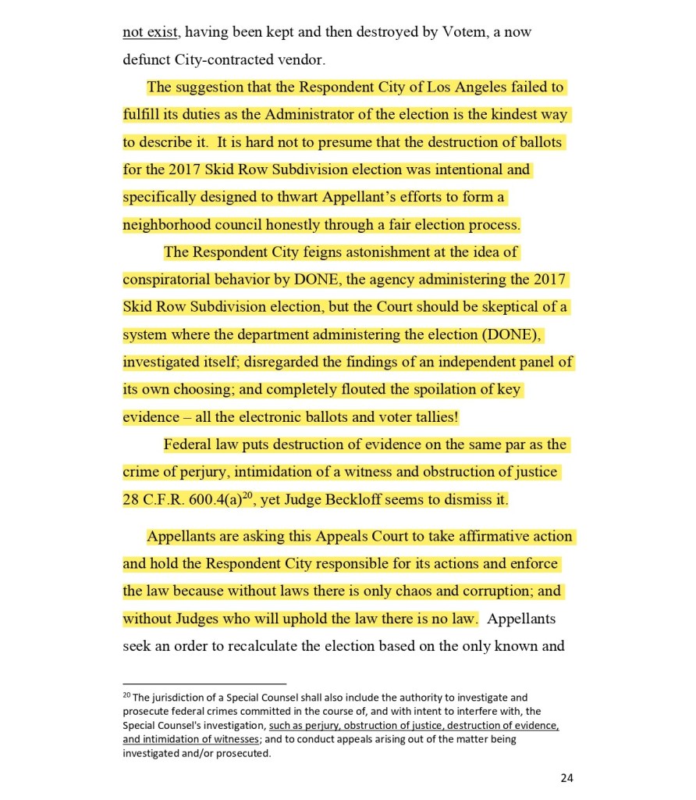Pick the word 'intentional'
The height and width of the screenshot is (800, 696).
(494, 170)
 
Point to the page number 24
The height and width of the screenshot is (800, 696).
(566, 777)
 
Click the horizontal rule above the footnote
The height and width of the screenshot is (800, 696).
(204, 684)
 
